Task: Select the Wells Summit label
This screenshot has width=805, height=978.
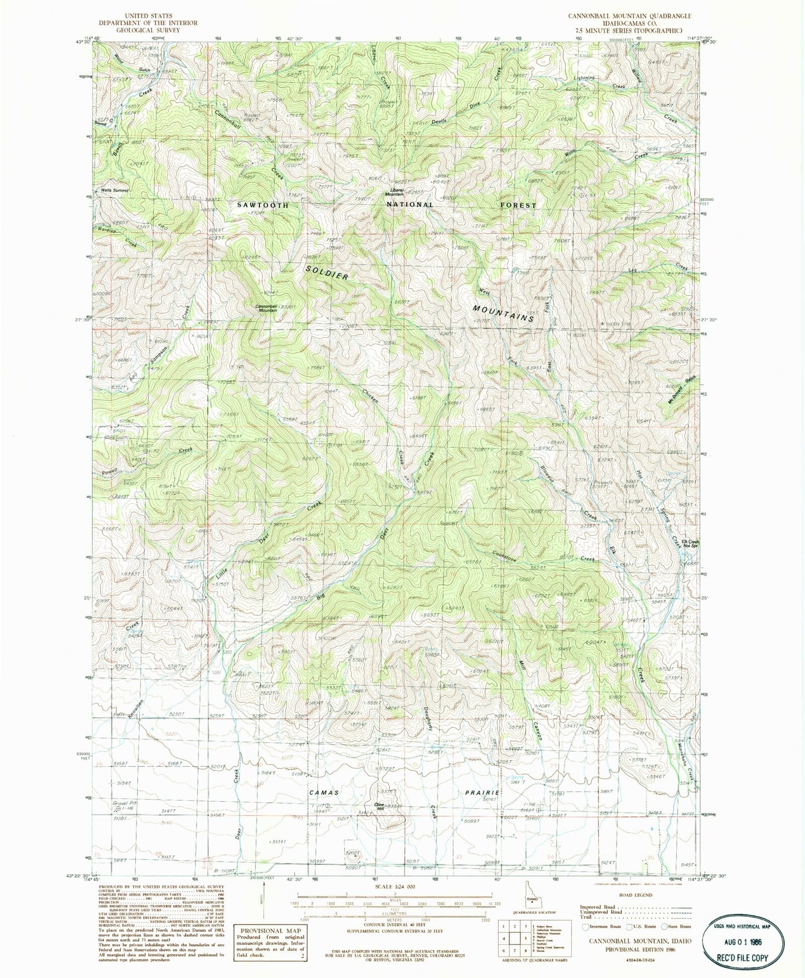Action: tap(115, 190)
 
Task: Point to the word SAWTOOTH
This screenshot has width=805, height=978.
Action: tap(263, 205)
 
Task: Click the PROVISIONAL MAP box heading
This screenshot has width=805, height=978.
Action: tap(271, 930)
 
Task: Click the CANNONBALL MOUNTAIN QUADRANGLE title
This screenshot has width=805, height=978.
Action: tap(630, 16)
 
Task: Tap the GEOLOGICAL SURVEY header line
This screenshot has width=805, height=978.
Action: tap(148, 30)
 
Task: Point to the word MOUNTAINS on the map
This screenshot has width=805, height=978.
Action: tap(504, 314)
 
